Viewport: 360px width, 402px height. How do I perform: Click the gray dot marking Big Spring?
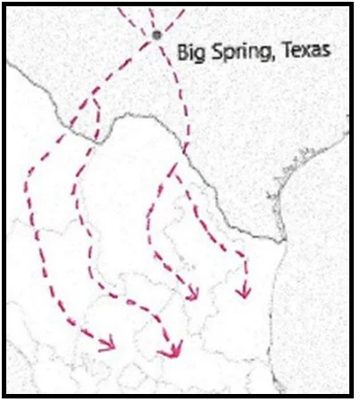point(158,35)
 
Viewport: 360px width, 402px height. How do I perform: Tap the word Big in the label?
point(189,52)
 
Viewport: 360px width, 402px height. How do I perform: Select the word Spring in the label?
point(233,52)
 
